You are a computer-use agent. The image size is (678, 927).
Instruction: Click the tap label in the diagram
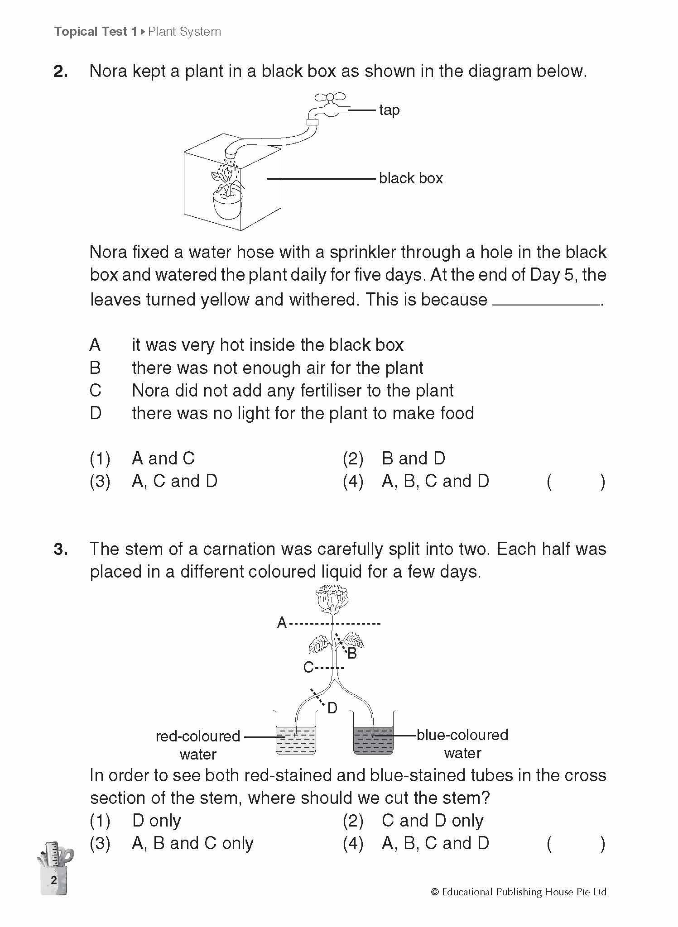pos(389,110)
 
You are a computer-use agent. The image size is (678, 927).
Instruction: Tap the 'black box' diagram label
pos(410,178)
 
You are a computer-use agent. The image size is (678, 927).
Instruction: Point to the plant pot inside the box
pos(227,205)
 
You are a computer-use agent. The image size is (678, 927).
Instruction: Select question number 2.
pos(61,72)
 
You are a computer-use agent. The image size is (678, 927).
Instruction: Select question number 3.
pos(61,549)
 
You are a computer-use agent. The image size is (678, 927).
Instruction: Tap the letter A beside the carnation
pos(282,623)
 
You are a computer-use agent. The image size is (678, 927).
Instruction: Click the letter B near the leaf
pos(352,653)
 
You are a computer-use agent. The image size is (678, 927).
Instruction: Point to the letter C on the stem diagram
pos(308,667)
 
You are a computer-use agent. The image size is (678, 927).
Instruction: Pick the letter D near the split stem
pos(332,708)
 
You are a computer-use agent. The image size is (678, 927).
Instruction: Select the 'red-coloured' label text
pos(197,736)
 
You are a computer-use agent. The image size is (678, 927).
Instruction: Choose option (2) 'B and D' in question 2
pos(413,459)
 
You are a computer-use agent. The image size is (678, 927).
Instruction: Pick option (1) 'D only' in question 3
pos(156,820)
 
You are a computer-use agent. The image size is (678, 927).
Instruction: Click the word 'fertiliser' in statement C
pos(324,391)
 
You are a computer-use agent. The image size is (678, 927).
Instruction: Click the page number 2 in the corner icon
pos(54,880)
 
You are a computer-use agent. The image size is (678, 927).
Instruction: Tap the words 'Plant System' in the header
pos(184,32)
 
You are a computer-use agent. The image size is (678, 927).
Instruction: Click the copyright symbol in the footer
pos(435,892)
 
